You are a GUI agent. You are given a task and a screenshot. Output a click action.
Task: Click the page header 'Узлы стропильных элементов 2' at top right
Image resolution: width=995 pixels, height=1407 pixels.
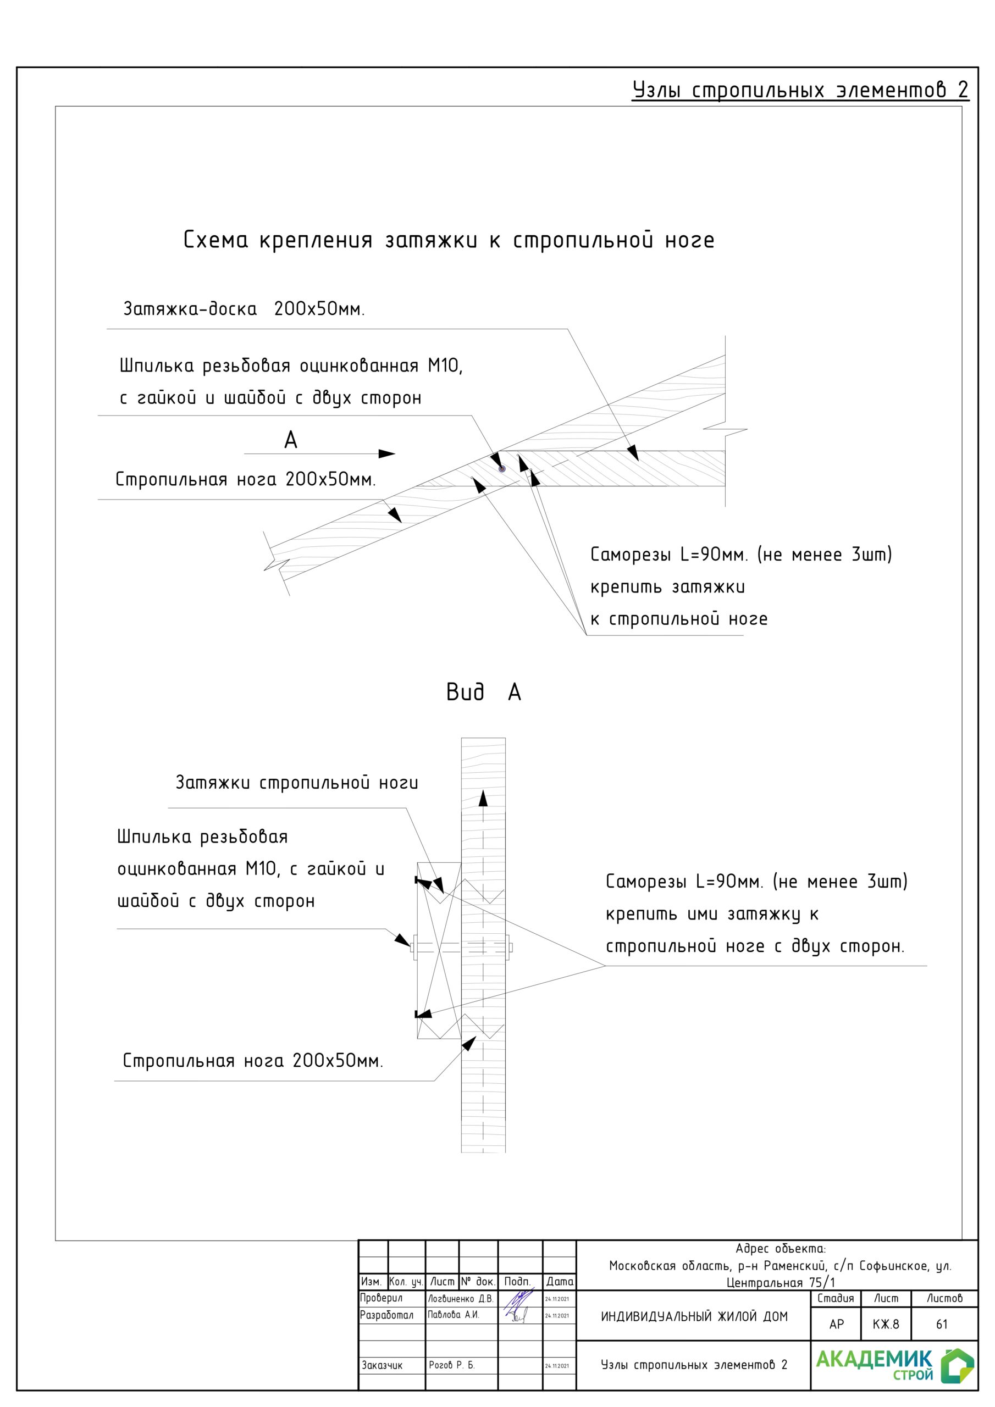click(x=799, y=90)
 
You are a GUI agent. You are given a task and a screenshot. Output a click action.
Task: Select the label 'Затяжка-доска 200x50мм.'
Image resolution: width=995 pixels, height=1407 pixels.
click(x=244, y=308)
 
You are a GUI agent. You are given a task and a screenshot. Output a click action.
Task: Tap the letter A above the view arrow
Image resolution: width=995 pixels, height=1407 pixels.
click(x=291, y=440)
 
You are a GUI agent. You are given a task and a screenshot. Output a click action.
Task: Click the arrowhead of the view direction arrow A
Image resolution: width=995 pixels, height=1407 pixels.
click(x=387, y=454)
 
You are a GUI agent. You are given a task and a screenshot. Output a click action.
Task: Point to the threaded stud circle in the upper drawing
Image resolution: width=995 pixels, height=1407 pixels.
click(x=502, y=469)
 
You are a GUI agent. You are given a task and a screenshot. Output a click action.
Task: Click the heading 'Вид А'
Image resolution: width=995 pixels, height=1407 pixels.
click(x=483, y=693)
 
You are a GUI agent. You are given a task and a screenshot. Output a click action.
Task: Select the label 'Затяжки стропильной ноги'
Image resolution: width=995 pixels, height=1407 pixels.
click(x=297, y=783)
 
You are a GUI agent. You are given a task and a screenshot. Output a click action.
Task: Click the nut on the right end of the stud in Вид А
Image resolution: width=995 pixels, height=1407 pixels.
click(x=510, y=948)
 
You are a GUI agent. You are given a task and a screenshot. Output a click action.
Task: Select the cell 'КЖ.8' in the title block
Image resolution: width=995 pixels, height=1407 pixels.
click(x=885, y=1324)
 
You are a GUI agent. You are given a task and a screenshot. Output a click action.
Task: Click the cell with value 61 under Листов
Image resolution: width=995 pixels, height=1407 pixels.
click(x=942, y=1324)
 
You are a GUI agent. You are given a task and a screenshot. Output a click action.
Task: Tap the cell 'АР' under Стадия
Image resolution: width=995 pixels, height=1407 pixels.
click(x=836, y=1324)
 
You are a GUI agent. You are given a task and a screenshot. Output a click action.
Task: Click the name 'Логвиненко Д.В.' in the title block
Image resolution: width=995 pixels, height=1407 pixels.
click(x=461, y=1299)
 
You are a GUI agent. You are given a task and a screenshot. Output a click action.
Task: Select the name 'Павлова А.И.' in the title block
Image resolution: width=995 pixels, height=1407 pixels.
click(x=454, y=1315)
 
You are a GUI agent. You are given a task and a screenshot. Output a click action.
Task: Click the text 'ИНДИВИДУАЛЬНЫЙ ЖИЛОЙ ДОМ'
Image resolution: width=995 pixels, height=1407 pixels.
click(x=694, y=1316)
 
